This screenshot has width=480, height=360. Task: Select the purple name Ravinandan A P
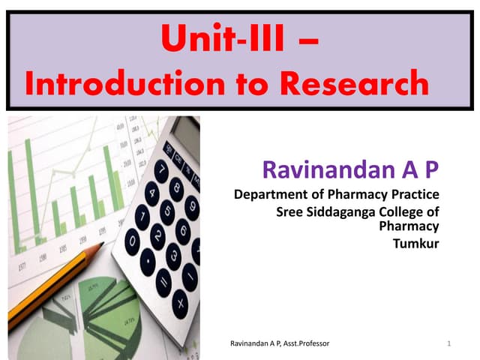click(350, 170)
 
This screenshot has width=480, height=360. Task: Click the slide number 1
click(447, 343)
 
